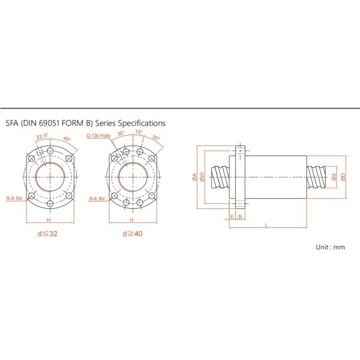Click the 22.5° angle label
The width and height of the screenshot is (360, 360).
point(42,137)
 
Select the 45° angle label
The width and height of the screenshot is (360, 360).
point(66,139)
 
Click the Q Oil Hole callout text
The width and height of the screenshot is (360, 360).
point(100,136)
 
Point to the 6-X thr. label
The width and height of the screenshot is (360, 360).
point(14,197)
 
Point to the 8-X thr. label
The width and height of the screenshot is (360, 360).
point(98,197)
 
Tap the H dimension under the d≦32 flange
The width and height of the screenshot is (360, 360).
point(49,221)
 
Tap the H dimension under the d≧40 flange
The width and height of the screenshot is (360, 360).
point(133,221)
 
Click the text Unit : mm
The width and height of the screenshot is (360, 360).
point(331,247)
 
